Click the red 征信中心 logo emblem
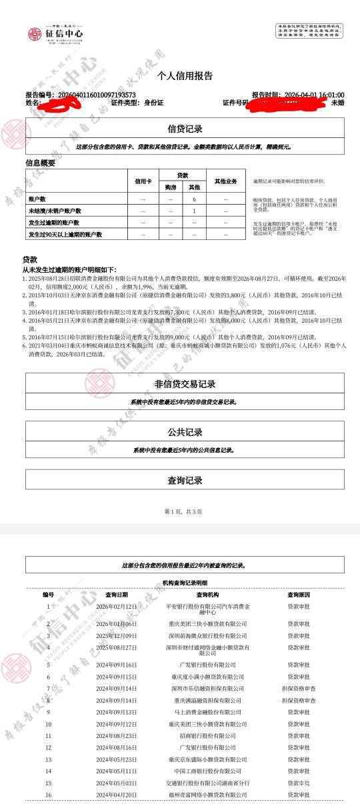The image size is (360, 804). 35,34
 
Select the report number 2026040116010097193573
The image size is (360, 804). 97,95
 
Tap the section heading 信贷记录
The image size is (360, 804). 185,129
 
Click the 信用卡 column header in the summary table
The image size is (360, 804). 143,181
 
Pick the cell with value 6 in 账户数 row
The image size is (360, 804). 194,199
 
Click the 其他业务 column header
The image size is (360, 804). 226,181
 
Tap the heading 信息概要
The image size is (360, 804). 40,163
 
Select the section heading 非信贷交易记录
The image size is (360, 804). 185,384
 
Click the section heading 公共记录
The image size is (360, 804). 185,432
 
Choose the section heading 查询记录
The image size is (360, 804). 185,480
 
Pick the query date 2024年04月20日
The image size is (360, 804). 117,795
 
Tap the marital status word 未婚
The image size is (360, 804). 338,103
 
